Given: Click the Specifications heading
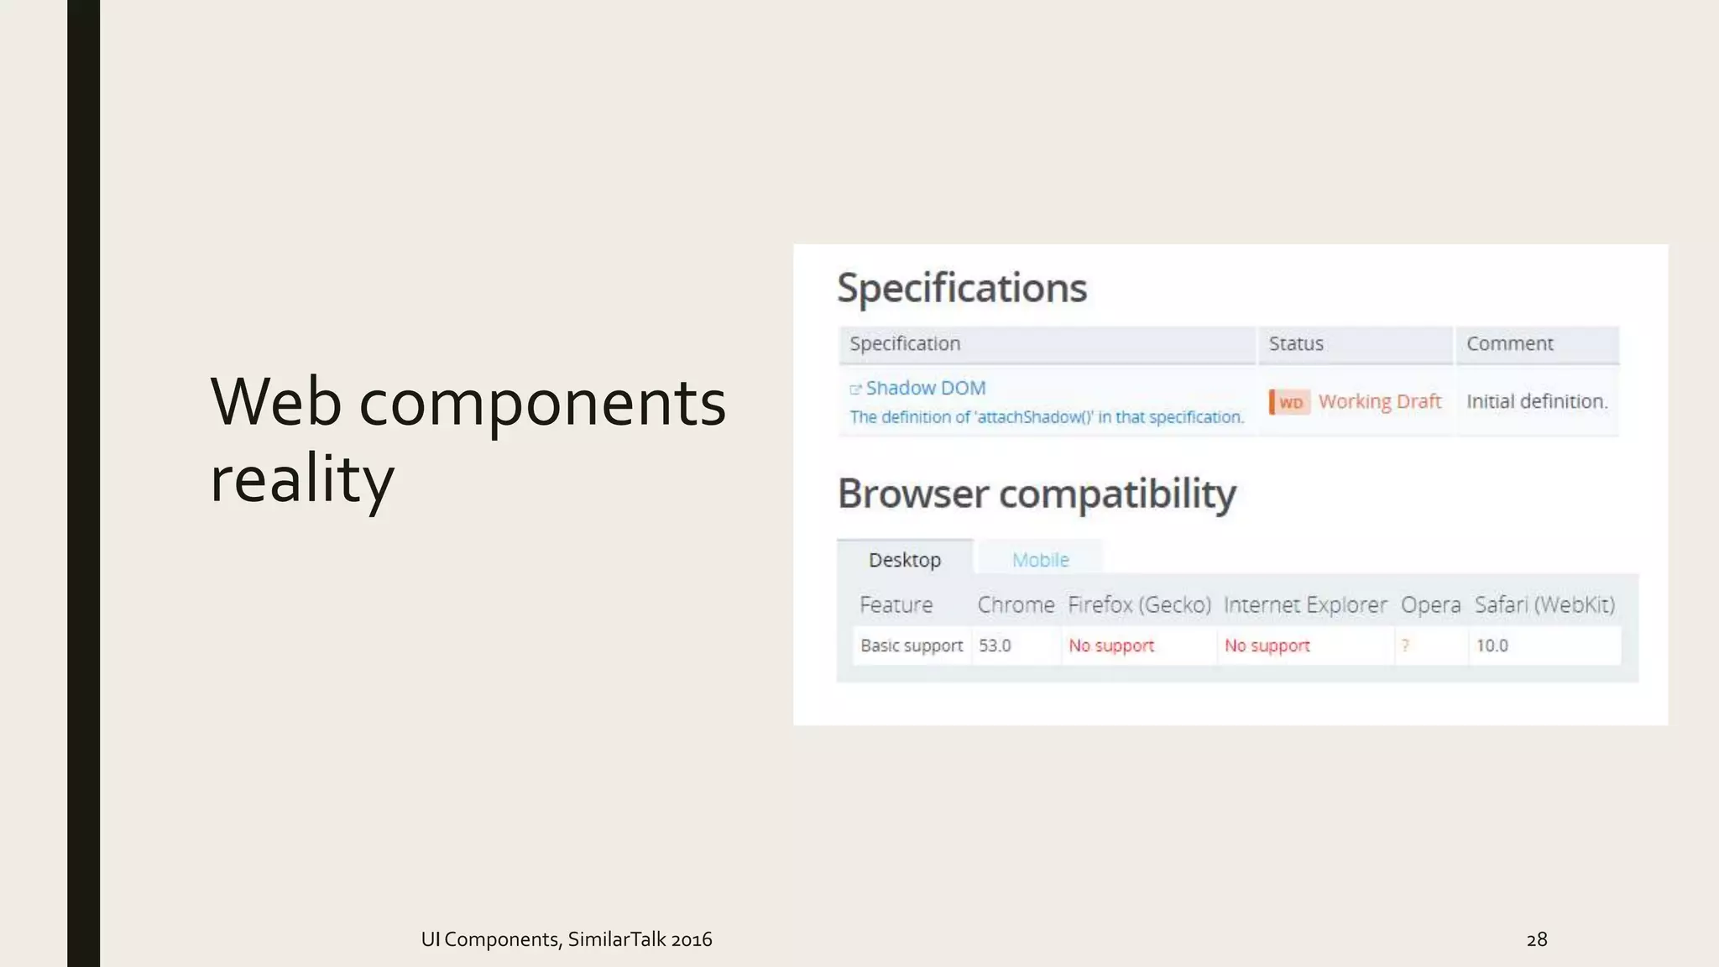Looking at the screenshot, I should click(x=962, y=288).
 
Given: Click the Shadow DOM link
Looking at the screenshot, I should click(x=925, y=388).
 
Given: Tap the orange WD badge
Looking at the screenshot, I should click(x=1290, y=403).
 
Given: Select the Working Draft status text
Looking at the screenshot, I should click(x=1379, y=401).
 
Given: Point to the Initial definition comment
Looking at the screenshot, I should click(x=1537, y=401).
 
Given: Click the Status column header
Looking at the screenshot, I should click(x=1296, y=343).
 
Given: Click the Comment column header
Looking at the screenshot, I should click(x=1509, y=343).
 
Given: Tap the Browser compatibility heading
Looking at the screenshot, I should click(x=1037, y=494).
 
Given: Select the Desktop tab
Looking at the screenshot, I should click(x=904, y=559).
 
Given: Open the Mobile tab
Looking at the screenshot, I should click(x=1040, y=559).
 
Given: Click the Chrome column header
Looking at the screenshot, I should click(x=1016, y=604).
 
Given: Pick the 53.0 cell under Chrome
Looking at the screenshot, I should click(x=995, y=646).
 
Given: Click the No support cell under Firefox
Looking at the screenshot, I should click(x=1111, y=646).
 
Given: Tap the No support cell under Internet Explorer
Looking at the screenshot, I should click(x=1267, y=646).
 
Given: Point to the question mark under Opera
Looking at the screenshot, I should click(x=1405, y=646).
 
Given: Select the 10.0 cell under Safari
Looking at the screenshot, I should click(x=1492, y=646).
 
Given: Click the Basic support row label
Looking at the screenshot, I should click(x=911, y=646).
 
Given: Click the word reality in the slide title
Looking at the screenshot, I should click(x=301, y=478).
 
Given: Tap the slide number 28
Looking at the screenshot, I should click(x=1536, y=939).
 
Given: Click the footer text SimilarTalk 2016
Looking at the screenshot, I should click(x=640, y=939).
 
